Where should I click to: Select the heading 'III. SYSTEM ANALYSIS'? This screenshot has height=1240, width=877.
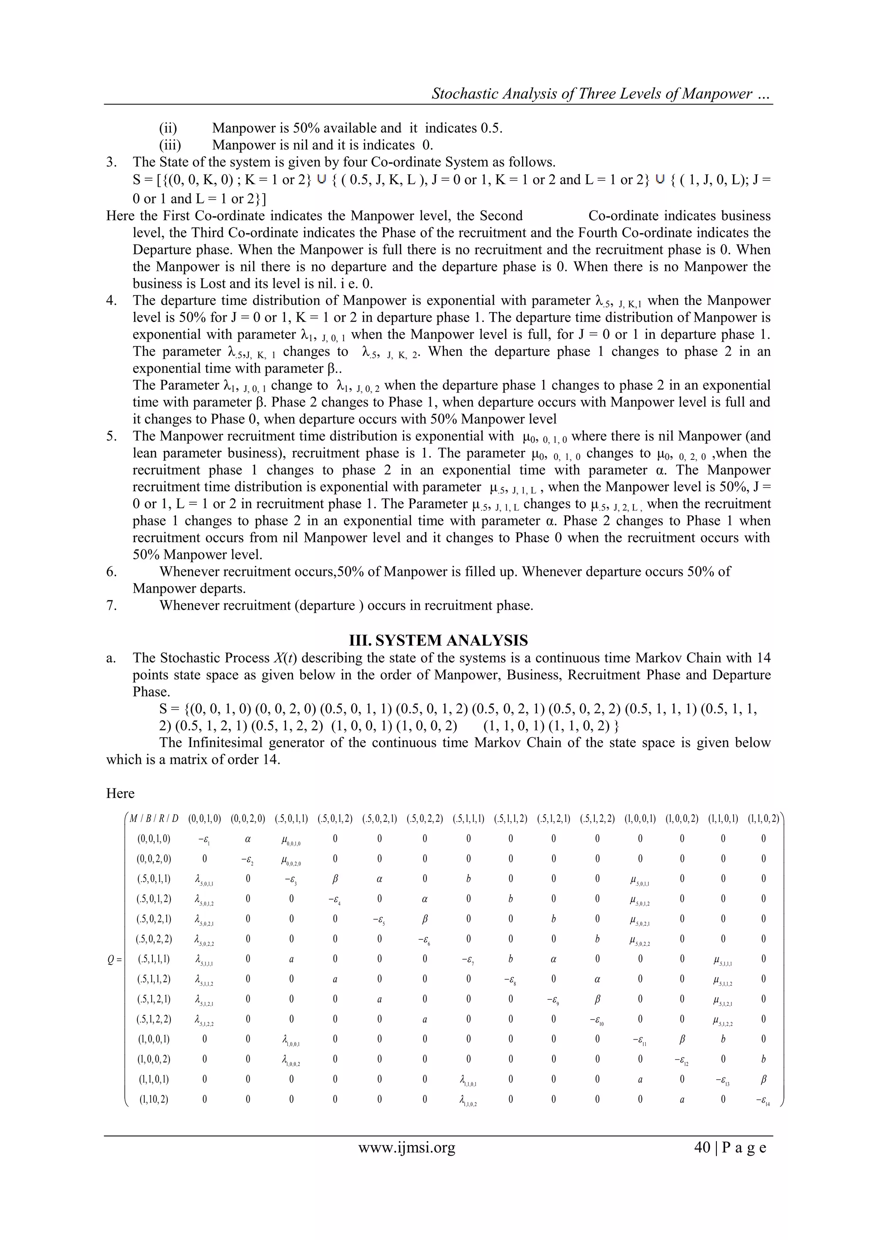coord(438,641)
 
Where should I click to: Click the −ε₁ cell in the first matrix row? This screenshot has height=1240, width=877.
coord(204,839)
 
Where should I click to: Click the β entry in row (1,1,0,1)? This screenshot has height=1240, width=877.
coord(763,1079)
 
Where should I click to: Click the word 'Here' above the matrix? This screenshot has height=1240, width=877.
coord(120,793)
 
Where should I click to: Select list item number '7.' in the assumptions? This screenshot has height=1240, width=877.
coord(111,605)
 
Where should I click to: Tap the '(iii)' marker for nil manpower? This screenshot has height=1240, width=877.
coord(170,145)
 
